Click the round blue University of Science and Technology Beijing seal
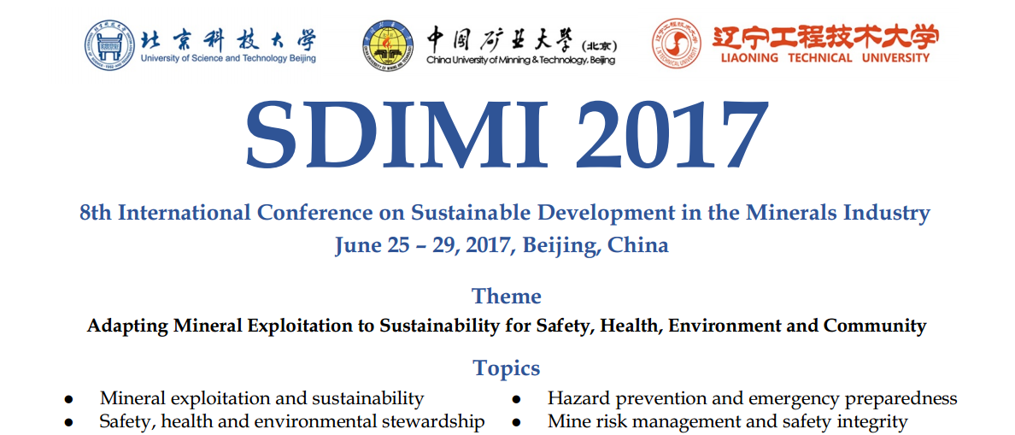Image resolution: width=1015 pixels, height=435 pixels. coord(110,44)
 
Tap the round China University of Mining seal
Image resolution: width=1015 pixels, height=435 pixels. coord(389,44)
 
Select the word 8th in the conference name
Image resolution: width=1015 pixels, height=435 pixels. coord(93,212)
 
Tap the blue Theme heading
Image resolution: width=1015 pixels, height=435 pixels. coord(507,297)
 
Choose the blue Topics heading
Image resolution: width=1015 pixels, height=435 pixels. coord(507,368)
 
